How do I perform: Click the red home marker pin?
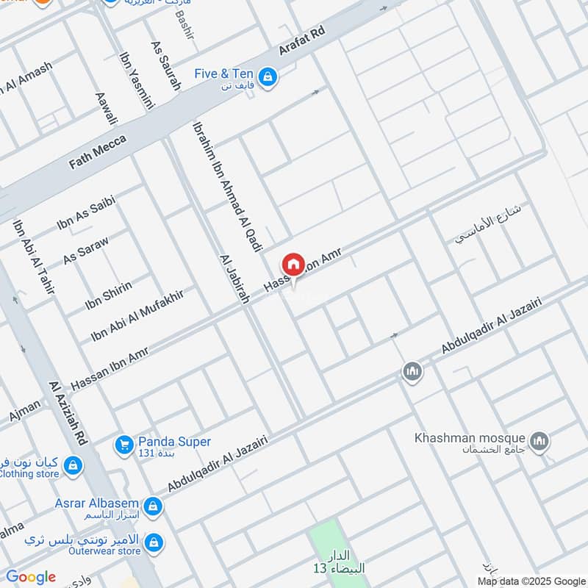point(293,265)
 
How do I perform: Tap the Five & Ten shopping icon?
point(268,76)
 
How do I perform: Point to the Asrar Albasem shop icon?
point(153,506)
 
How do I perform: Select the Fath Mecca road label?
point(97,152)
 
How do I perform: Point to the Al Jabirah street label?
point(234,279)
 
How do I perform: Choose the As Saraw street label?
point(86,250)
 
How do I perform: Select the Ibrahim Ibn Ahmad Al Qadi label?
point(227,187)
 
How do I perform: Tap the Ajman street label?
point(25,409)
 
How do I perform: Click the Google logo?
point(31,577)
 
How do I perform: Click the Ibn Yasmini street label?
point(137,79)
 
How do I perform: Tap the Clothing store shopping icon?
point(73,465)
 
